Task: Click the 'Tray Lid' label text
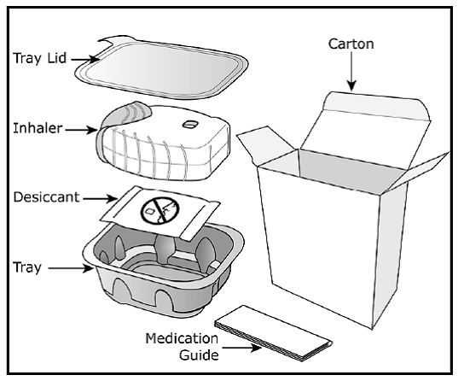click(39, 58)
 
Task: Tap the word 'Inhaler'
click(38, 129)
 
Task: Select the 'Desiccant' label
click(46, 197)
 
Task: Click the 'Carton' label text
click(351, 44)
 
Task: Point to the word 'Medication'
click(182, 338)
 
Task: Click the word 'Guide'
click(199, 355)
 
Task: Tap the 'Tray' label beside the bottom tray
click(27, 267)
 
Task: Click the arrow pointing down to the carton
click(351, 71)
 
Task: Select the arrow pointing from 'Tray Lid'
click(85, 59)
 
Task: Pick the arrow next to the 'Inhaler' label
click(81, 130)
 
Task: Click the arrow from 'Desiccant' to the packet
click(101, 198)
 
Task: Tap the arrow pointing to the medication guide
click(241, 347)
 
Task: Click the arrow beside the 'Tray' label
click(71, 268)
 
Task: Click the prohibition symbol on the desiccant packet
click(159, 211)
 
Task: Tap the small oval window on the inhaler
click(189, 125)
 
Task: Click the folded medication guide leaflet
click(273, 333)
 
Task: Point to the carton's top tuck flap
click(376, 104)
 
